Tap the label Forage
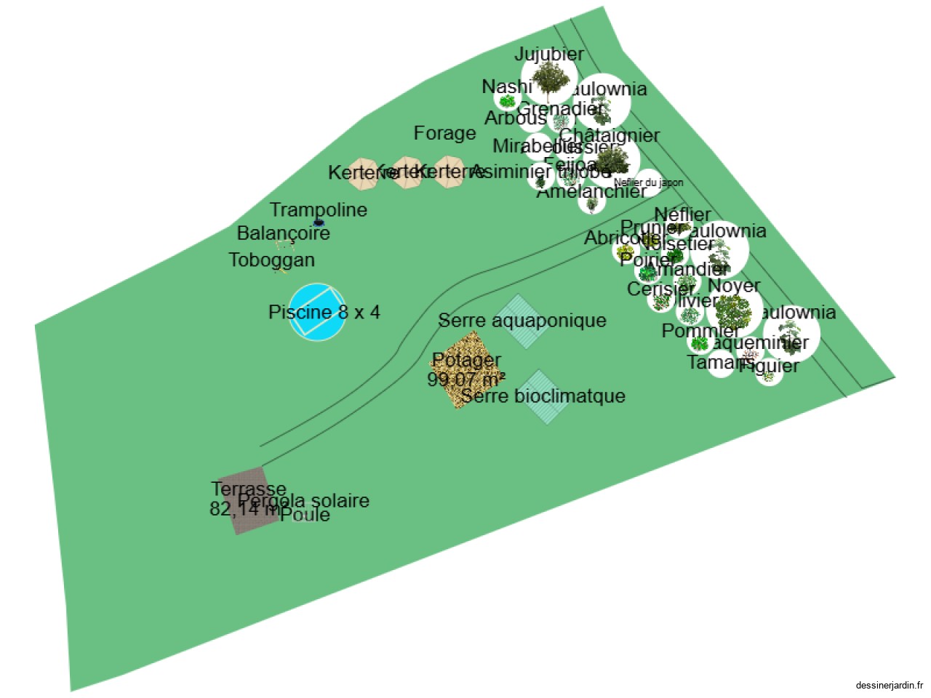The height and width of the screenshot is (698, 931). point(444,133)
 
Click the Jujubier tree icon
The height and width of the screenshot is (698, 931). point(549,79)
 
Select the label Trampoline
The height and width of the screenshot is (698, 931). point(319,209)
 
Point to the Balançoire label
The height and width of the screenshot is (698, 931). point(284,233)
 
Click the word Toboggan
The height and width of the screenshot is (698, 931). point(271,260)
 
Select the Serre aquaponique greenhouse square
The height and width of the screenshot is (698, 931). point(518,321)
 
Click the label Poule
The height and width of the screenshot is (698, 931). point(311,515)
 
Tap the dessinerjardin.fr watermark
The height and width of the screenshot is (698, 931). point(889,685)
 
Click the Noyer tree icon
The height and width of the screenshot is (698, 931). point(733,311)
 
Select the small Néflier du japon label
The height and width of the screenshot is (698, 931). point(648,182)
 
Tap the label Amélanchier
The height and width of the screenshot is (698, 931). point(591,191)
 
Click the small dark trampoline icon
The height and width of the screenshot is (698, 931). point(319,222)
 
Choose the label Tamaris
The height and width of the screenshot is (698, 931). point(720,361)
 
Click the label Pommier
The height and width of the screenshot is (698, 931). point(700,331)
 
